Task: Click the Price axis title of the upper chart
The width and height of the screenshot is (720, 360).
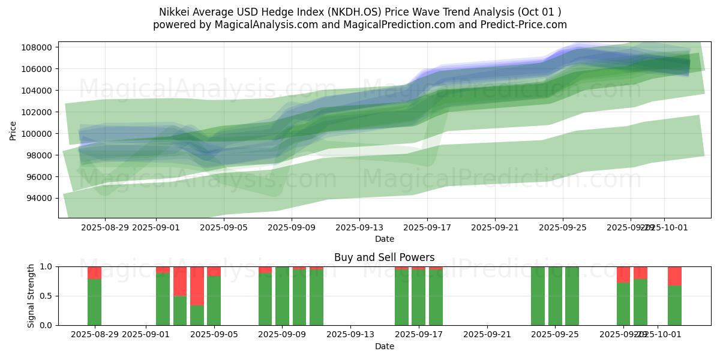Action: click(13, 130)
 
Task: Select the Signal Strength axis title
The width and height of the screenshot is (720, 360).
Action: click(31, 295)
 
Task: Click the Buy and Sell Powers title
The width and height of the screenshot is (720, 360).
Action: click(385, 257)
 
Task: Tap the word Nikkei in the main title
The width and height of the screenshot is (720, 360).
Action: click(173, 12)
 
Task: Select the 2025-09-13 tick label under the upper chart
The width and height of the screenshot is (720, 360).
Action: click(359, 227)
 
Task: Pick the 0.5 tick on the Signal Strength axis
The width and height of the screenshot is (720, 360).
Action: click(47, 296)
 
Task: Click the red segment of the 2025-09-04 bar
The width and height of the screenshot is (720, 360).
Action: click(197, 286)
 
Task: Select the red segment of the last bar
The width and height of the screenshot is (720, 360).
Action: click(674, 276)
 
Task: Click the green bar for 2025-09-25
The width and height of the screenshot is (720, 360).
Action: click(572, 296)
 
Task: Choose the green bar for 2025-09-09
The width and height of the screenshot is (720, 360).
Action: click(282, 296)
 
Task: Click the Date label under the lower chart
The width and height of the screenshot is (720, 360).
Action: click(385, 346)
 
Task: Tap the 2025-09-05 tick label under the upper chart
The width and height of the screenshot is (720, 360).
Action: click(223, 227)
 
